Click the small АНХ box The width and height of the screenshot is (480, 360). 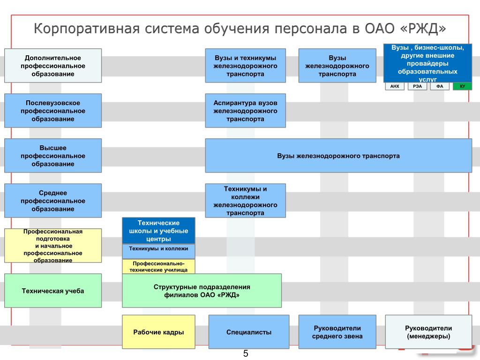(x=395, y=86)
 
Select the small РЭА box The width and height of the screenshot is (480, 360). (x=417, y=86)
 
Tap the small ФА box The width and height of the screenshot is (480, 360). (x=440, y=86)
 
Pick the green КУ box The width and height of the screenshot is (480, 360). (x=462, y=86)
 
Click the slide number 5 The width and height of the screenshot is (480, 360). (x=245, y=354)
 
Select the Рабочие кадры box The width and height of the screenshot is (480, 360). (x=158, y=332)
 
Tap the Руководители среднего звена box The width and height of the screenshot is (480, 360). (x=337, y=332)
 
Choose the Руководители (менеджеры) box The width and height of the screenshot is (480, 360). (x=428, y=332)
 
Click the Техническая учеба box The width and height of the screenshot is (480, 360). (x=53, y=291)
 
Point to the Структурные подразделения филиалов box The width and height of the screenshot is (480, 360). (x=202, y=291)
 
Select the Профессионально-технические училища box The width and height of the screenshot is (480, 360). (x=158, y=267)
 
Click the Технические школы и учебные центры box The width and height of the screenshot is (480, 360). (x=158, y=231)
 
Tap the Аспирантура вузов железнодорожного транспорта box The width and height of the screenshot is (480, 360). (x=245, y=111)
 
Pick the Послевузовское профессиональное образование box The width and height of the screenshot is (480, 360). (x=53, y=111)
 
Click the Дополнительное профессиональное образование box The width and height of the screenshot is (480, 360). (x=53, y=66)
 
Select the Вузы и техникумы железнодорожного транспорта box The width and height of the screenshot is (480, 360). (x=245, y=66)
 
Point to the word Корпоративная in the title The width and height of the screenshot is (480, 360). (x=87, y=29)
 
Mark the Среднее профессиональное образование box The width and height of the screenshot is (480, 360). (x=53, y=201)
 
